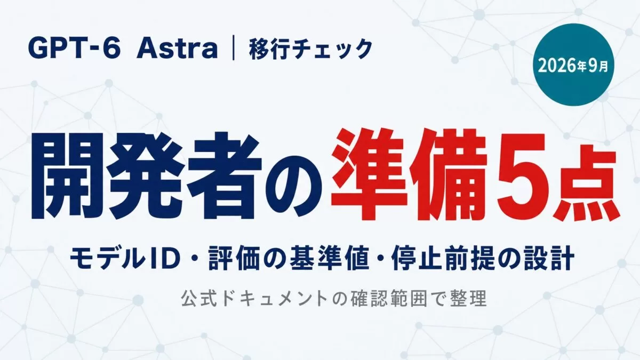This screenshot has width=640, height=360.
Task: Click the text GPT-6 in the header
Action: coord(73,49)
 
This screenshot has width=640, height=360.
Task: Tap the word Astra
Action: coord(178,49)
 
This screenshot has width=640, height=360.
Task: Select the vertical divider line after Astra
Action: coord(234,50)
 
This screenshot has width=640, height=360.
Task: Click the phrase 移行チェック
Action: coord(310,50)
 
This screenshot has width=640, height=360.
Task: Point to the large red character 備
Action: coord(447,177)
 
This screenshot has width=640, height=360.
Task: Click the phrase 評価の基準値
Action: coord(289,259)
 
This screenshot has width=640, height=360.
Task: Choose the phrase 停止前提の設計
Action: coord(483,259)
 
